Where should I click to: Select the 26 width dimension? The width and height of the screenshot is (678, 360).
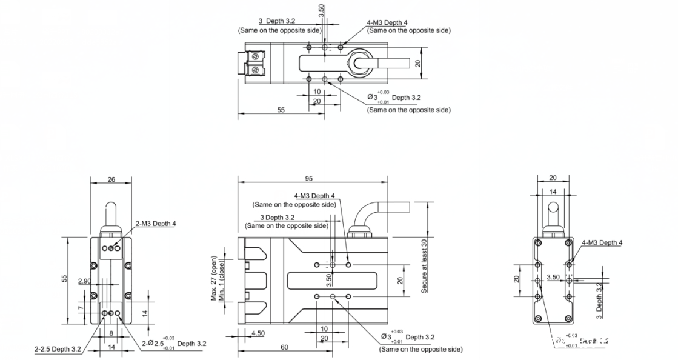[110, 179]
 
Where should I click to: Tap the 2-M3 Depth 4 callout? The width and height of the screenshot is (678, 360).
[156, 224]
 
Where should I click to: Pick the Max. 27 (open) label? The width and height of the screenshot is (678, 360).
[214, 278]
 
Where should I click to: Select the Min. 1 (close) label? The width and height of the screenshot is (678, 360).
[222, 279]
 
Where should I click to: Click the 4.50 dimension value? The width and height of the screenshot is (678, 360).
[258, 333]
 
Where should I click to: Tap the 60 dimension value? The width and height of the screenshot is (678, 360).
[284, 347]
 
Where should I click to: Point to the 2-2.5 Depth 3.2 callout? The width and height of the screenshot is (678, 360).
[58, 348]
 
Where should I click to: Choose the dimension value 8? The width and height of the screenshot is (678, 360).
[111, 333]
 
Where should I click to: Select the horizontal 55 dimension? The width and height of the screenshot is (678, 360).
[281, 110]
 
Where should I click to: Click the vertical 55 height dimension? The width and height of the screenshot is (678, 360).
[64, 278]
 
